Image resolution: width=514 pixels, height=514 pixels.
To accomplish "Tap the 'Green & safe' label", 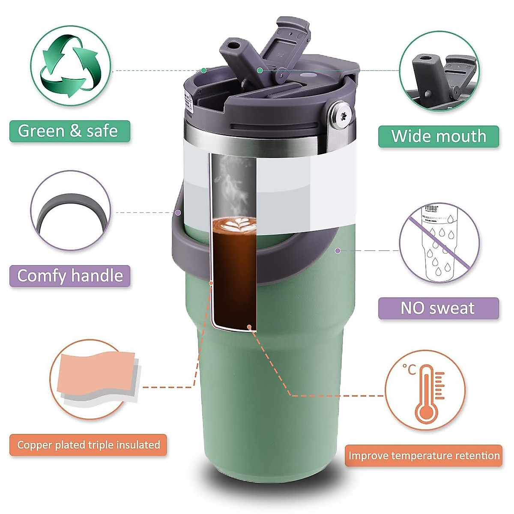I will click(69, 131).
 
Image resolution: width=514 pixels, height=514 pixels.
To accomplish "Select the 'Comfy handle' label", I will click(70, 275).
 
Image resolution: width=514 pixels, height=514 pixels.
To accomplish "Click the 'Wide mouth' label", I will click(439, 136).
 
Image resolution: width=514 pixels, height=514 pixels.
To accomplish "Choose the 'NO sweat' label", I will click(438, 308).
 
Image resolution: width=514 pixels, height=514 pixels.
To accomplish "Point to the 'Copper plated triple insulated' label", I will click(88, 445).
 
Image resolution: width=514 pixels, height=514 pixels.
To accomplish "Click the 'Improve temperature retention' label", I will click(424, 455).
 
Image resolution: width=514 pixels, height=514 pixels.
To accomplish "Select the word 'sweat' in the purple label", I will click(455, 308).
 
